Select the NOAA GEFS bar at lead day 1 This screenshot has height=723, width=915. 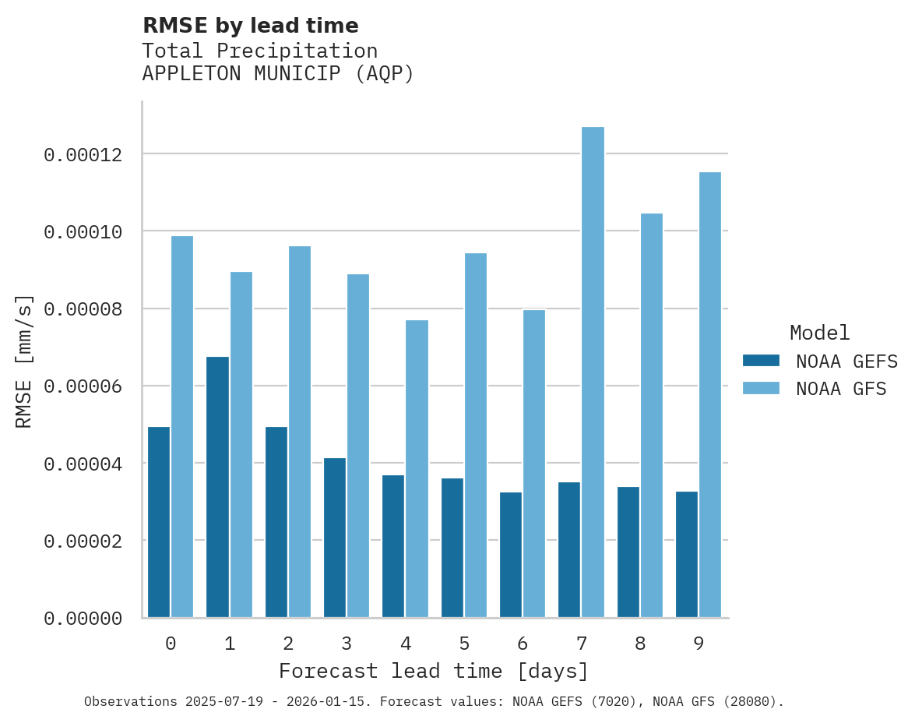tap(217, 487)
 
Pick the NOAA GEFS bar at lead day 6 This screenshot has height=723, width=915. tap(511, 555)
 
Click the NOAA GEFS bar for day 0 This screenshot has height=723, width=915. tap(159, 522)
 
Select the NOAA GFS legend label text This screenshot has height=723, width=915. tap(841, 389)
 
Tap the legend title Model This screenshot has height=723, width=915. tap(819, 333)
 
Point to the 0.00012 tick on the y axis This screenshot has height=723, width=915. tap(83, 155)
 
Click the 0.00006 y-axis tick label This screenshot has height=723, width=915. tap(83, 386)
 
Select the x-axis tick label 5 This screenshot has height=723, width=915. tap(464, 644)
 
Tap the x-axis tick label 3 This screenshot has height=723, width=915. tap(347, 644)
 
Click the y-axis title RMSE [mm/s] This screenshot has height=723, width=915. tap(24, 361)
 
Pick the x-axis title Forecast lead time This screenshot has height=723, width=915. tap(434, 671)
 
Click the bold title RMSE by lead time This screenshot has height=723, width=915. tap(250, 26)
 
